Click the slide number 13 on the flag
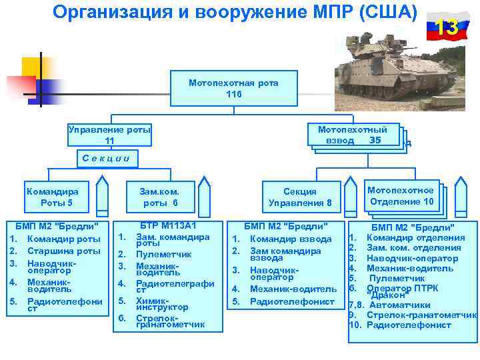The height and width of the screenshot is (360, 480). (447, 28)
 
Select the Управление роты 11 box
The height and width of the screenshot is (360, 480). (109, 135)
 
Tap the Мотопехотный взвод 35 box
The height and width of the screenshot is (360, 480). (353, 135)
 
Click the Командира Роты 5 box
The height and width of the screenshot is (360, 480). (56, 197)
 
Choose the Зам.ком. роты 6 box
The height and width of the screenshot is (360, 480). (160, 197)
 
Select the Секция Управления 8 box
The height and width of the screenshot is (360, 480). (300, 197)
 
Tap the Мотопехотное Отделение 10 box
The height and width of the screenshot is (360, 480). (401, 196)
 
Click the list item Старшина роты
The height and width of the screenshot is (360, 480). (64, 251)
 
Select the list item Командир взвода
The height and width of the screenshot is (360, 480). (291, 239)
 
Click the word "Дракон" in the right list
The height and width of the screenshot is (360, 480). (387, 295)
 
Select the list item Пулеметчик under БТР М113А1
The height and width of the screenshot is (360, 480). (164, 254)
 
